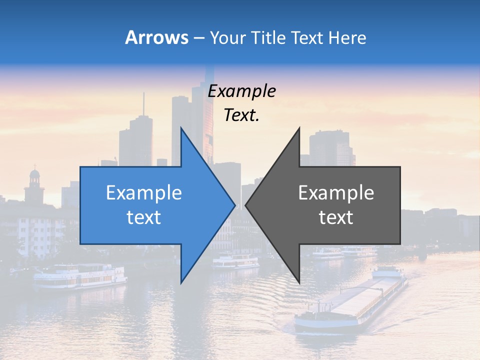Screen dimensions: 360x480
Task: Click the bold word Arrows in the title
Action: (157, 37)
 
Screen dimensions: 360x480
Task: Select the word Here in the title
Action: (347, 37)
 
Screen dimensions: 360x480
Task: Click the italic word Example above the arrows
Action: (241, 91)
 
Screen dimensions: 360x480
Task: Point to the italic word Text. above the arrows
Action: (241, 115)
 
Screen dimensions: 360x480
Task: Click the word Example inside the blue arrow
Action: (144, 193)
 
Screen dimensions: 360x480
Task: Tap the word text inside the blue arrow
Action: (144, 217)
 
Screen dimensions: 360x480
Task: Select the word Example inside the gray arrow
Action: (336, 193)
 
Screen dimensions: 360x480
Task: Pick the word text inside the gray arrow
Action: (336, 217)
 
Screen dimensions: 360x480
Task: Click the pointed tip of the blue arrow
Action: (234, 205)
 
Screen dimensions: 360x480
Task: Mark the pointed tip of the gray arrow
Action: (246, 205)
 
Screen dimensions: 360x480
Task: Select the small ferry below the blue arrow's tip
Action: (235, 261)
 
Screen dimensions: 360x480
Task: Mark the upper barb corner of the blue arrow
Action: (181, 128)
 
